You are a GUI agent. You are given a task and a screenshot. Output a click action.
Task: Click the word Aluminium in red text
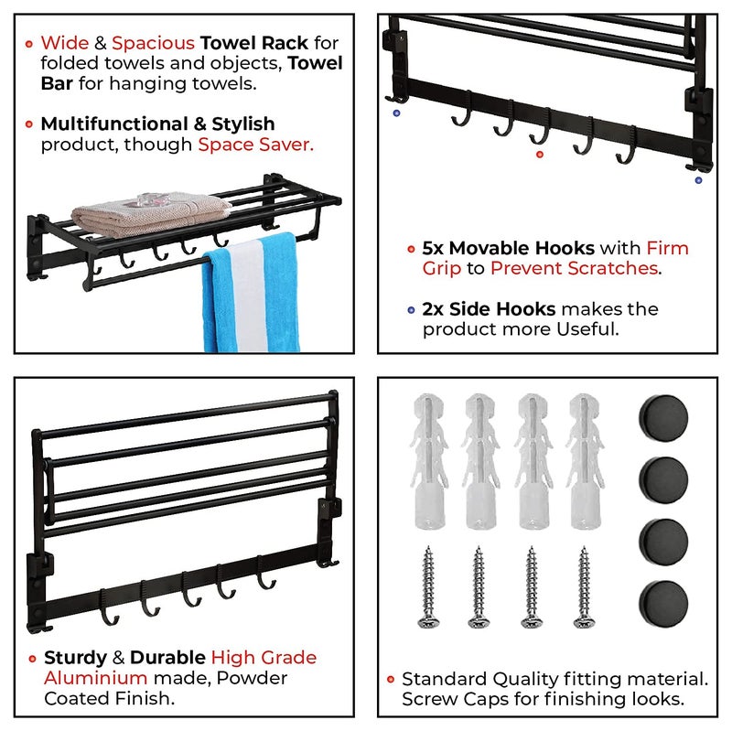(95, 678)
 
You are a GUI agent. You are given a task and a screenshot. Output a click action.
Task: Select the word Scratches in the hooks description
(613, 268)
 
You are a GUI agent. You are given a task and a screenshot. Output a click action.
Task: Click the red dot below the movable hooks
(540, 155)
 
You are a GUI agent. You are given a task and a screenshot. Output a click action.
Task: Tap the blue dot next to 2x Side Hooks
(411, 309)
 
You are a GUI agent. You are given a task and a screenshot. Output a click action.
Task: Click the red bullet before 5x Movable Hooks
(411, 248)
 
